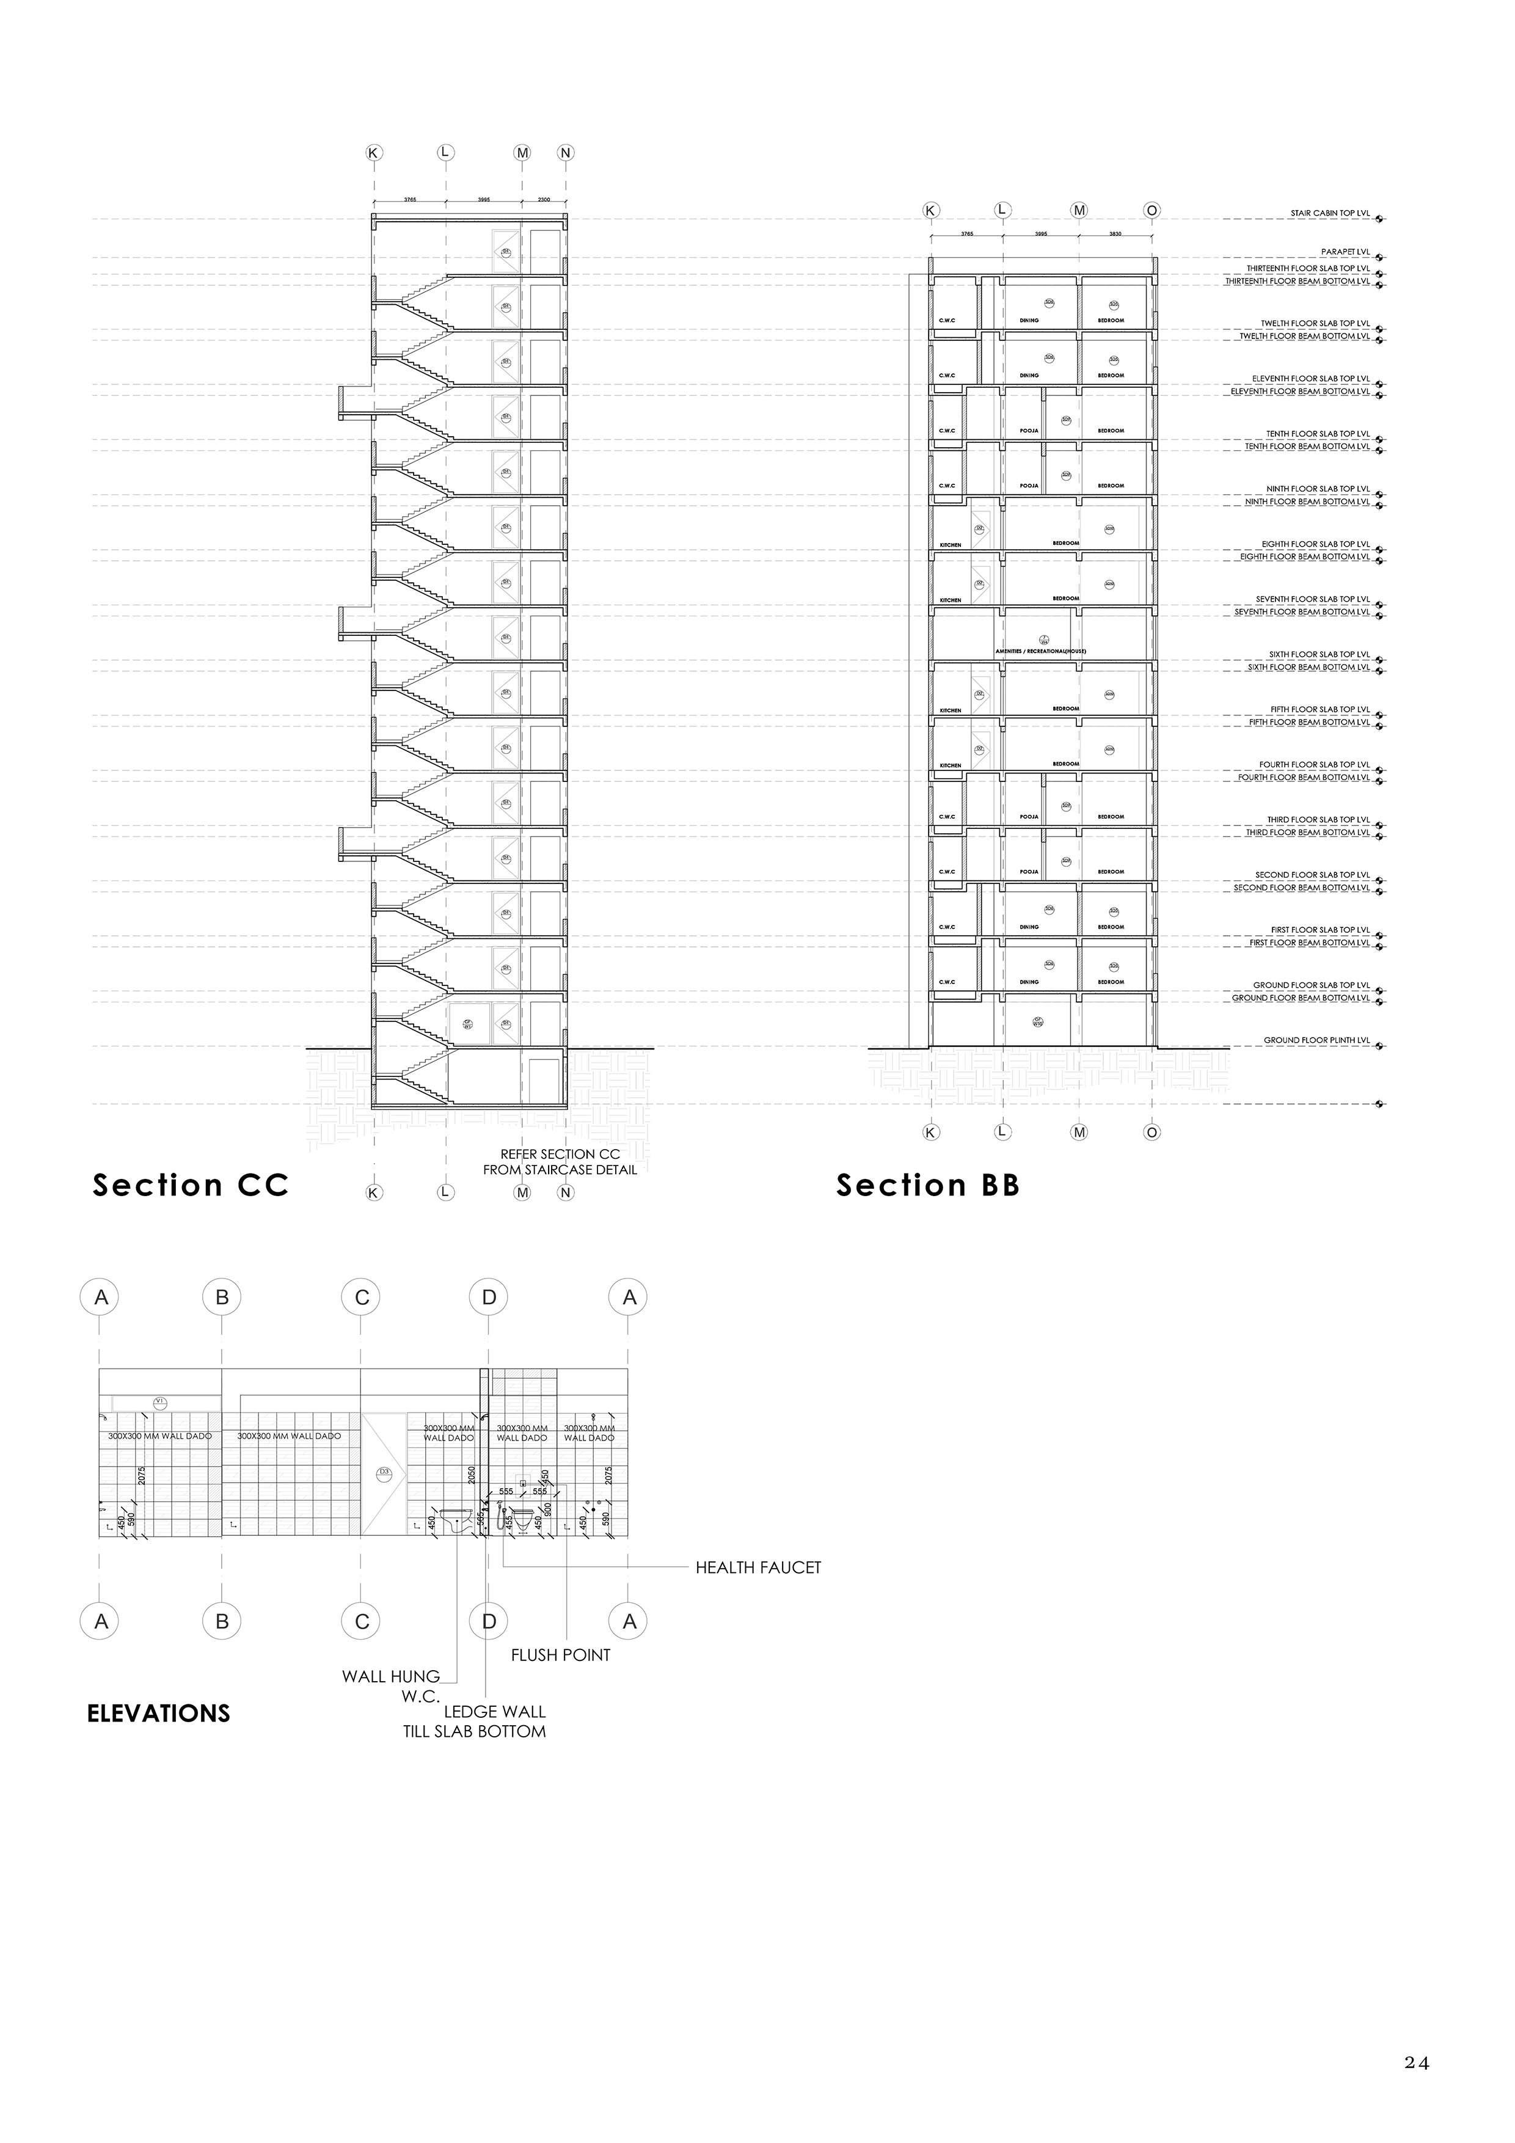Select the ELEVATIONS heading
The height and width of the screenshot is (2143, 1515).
point(159,1714)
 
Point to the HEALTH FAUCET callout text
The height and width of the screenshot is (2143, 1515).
point(758,1568)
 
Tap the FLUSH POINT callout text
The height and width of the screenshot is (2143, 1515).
point(560,1655)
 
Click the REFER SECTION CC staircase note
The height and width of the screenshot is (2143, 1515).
point(560,1162)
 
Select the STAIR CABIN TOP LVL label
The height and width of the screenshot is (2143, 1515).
point(1329,214)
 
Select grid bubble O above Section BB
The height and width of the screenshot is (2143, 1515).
point(1152,211)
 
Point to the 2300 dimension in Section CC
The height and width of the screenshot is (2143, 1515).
point(544,200)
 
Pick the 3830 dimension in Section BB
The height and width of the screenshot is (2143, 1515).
point(1115,233)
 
